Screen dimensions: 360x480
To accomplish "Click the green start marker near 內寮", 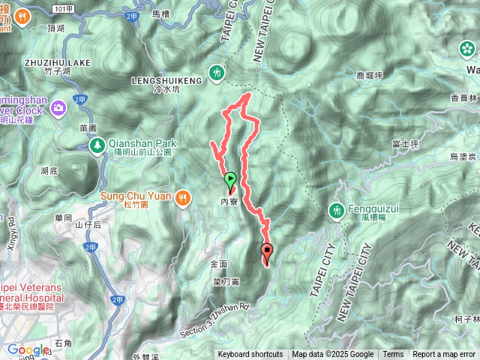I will click(230, 180).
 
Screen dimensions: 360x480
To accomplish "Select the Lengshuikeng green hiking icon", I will click(217, 73).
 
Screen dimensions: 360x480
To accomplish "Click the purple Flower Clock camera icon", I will click(59, 111).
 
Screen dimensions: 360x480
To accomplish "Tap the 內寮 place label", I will click(229, 201).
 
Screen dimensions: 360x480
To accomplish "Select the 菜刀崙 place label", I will click(226, 282).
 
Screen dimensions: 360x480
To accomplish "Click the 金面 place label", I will click(218, 265).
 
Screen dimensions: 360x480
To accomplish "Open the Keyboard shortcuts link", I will click(250, 355).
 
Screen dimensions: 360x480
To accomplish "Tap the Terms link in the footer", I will click(393, 355).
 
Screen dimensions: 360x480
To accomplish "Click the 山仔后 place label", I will click(88, 225).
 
